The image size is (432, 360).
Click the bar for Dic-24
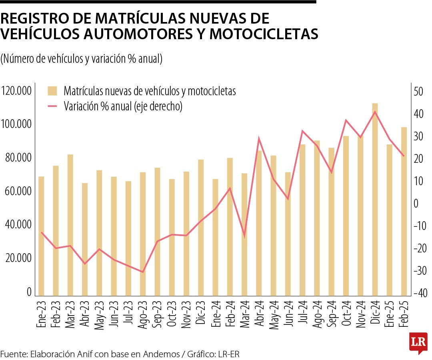click(375, 200)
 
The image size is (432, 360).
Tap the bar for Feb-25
click(404, 212)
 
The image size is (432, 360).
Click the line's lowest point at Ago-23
click(143, 272)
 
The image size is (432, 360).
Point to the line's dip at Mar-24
click(244, 236)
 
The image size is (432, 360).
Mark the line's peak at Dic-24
click(375, 112)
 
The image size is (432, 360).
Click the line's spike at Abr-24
click(259, 138)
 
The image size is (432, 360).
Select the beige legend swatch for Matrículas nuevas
click(53, 91)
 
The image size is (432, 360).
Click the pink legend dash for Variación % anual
click(53, 106)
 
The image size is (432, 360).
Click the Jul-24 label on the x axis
click(302, 315)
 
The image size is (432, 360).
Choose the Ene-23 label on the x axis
click(41, 315)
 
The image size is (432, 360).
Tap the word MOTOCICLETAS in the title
click(264, 34)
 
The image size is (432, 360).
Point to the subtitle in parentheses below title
click(81, 59)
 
